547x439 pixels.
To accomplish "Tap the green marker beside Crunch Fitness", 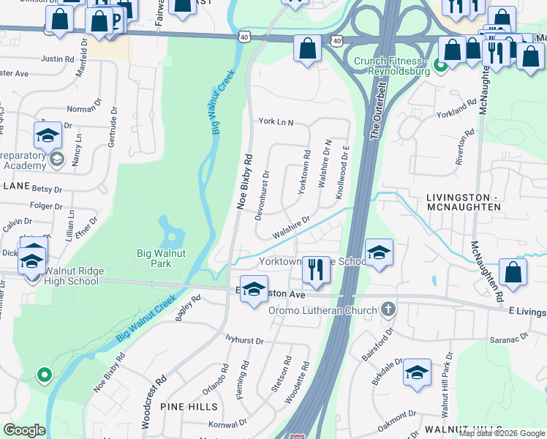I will coord(441,66).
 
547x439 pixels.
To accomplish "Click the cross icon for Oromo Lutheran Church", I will coord(388,310).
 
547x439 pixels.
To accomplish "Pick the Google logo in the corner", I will coord(24,430).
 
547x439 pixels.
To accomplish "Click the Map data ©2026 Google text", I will coord(502,433).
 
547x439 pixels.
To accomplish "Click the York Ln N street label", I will coord(275,123).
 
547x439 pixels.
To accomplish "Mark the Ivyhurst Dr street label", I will coord(244,341).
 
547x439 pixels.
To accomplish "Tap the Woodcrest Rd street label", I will coord(154,396).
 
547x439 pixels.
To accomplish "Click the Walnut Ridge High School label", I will coord(72,276).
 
